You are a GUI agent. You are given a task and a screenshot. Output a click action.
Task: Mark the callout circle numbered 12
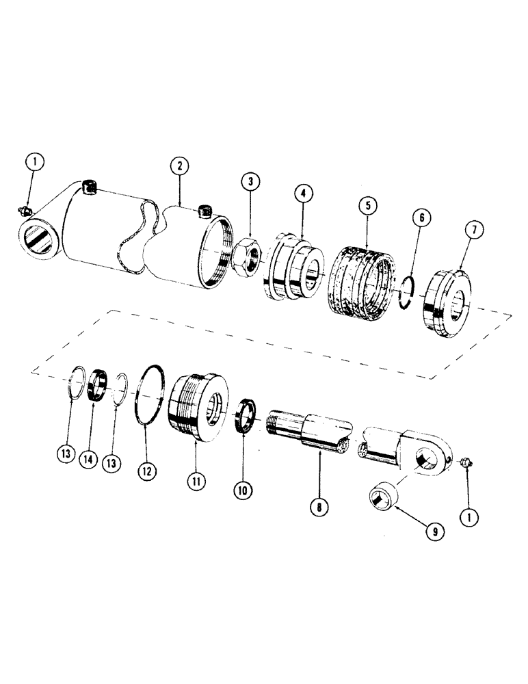tap(147, 472)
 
